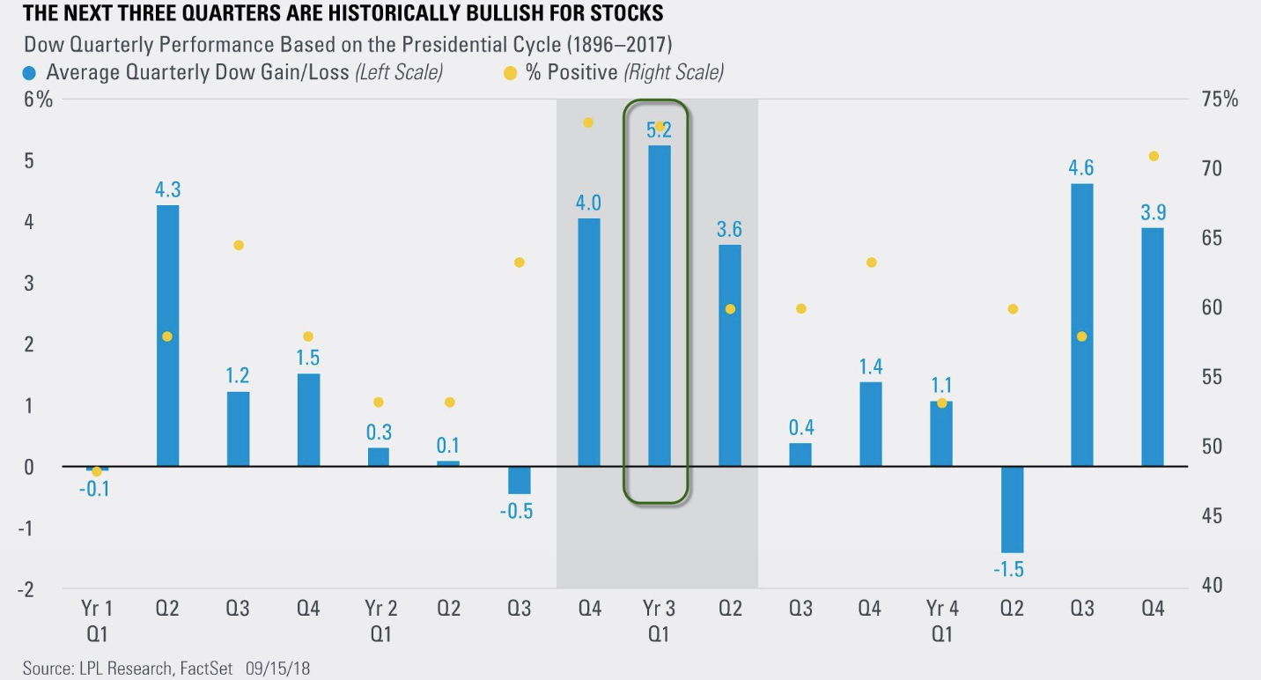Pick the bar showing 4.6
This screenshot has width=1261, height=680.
(x=1081, y=325)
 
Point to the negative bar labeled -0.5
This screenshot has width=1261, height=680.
(x=519, y=480)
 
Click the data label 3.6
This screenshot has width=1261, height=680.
(x=729, y=230)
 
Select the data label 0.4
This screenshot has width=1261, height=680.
(x=800, y=428)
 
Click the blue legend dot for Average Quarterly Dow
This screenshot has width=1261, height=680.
(x=31, y=72)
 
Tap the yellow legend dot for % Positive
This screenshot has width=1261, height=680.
(x=510, y=72)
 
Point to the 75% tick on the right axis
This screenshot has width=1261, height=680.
(x=1220, y=100)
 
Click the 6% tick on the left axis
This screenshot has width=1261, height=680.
(x=39, y=100)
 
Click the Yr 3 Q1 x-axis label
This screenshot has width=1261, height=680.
(x=659, y=620)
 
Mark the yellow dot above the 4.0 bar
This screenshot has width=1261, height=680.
(x=588, y=122)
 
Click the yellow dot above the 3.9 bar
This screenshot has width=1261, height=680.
(x=1153, y=156)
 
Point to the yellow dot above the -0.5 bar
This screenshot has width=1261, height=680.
(x=519, y=262)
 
